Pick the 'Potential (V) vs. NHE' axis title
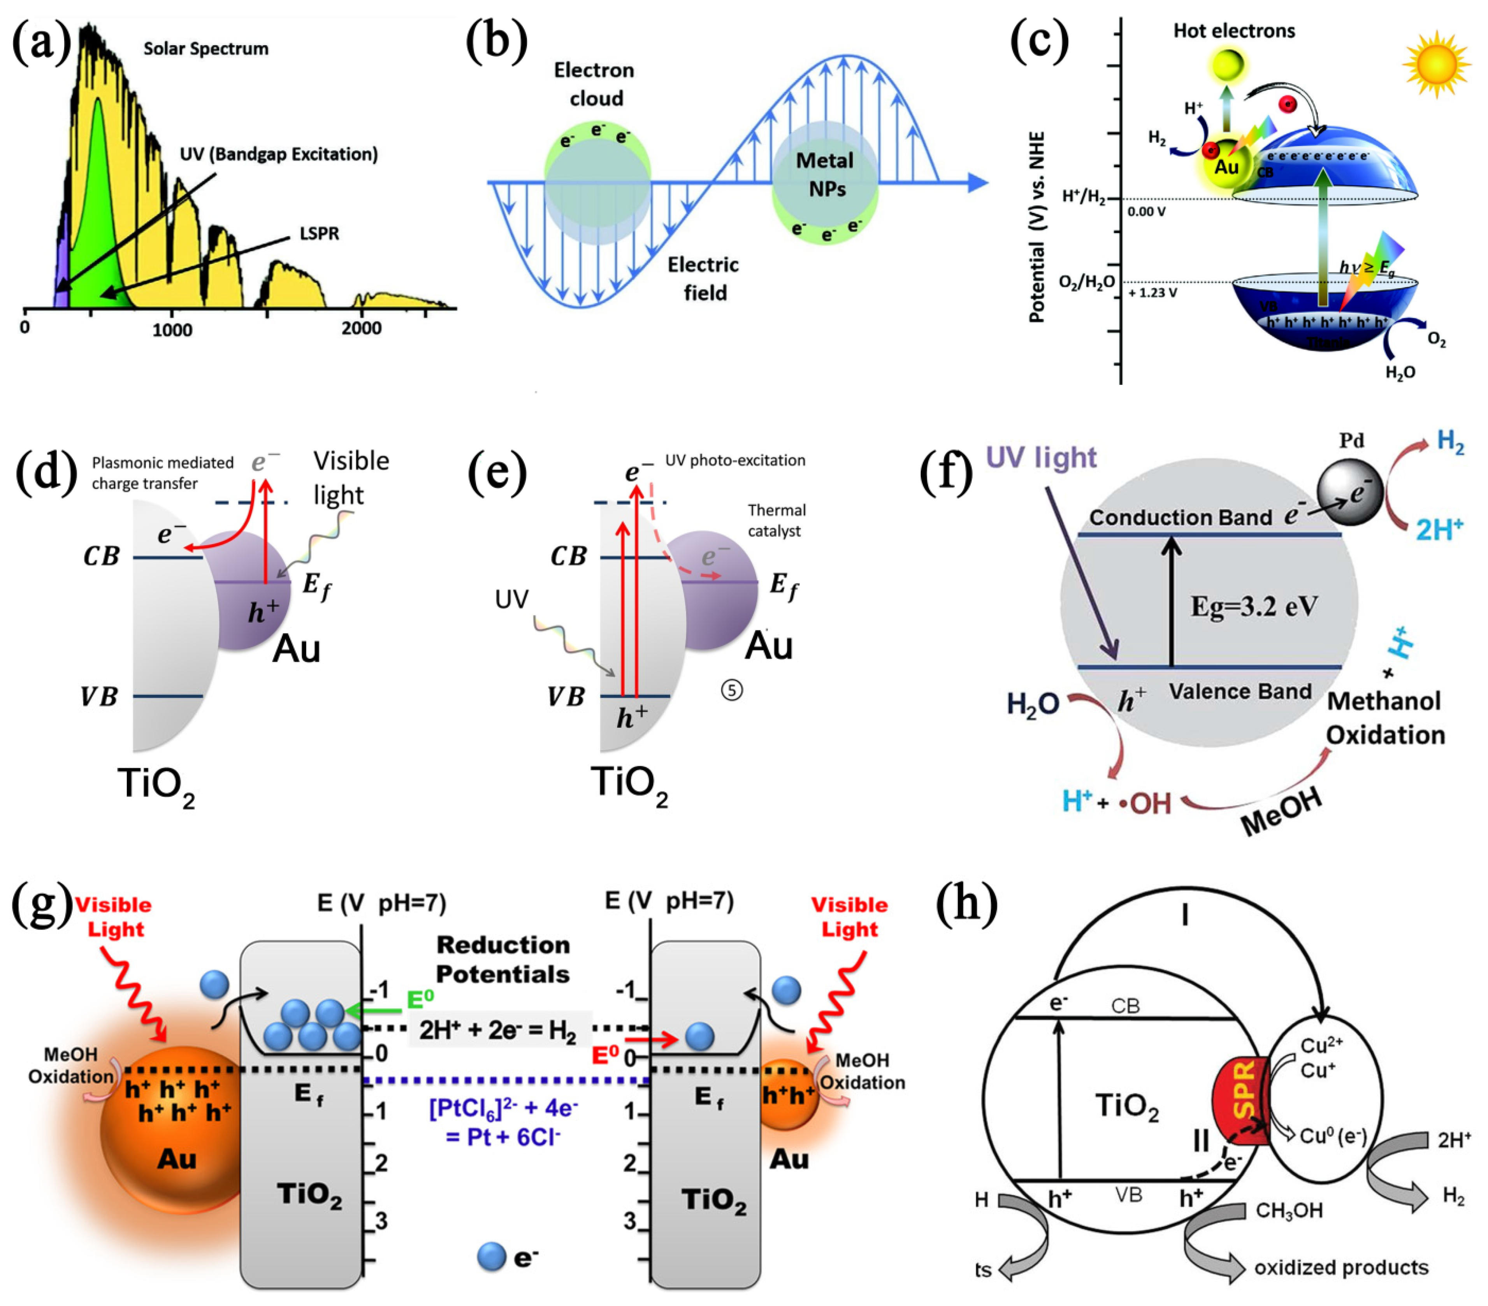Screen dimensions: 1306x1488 (x=1037, y=227)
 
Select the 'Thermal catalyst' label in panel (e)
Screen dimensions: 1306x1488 (x=776, y=521)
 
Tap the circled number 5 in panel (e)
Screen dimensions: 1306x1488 (x=732, y=690)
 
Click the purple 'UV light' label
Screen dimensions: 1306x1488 (x=1041, y=458)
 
